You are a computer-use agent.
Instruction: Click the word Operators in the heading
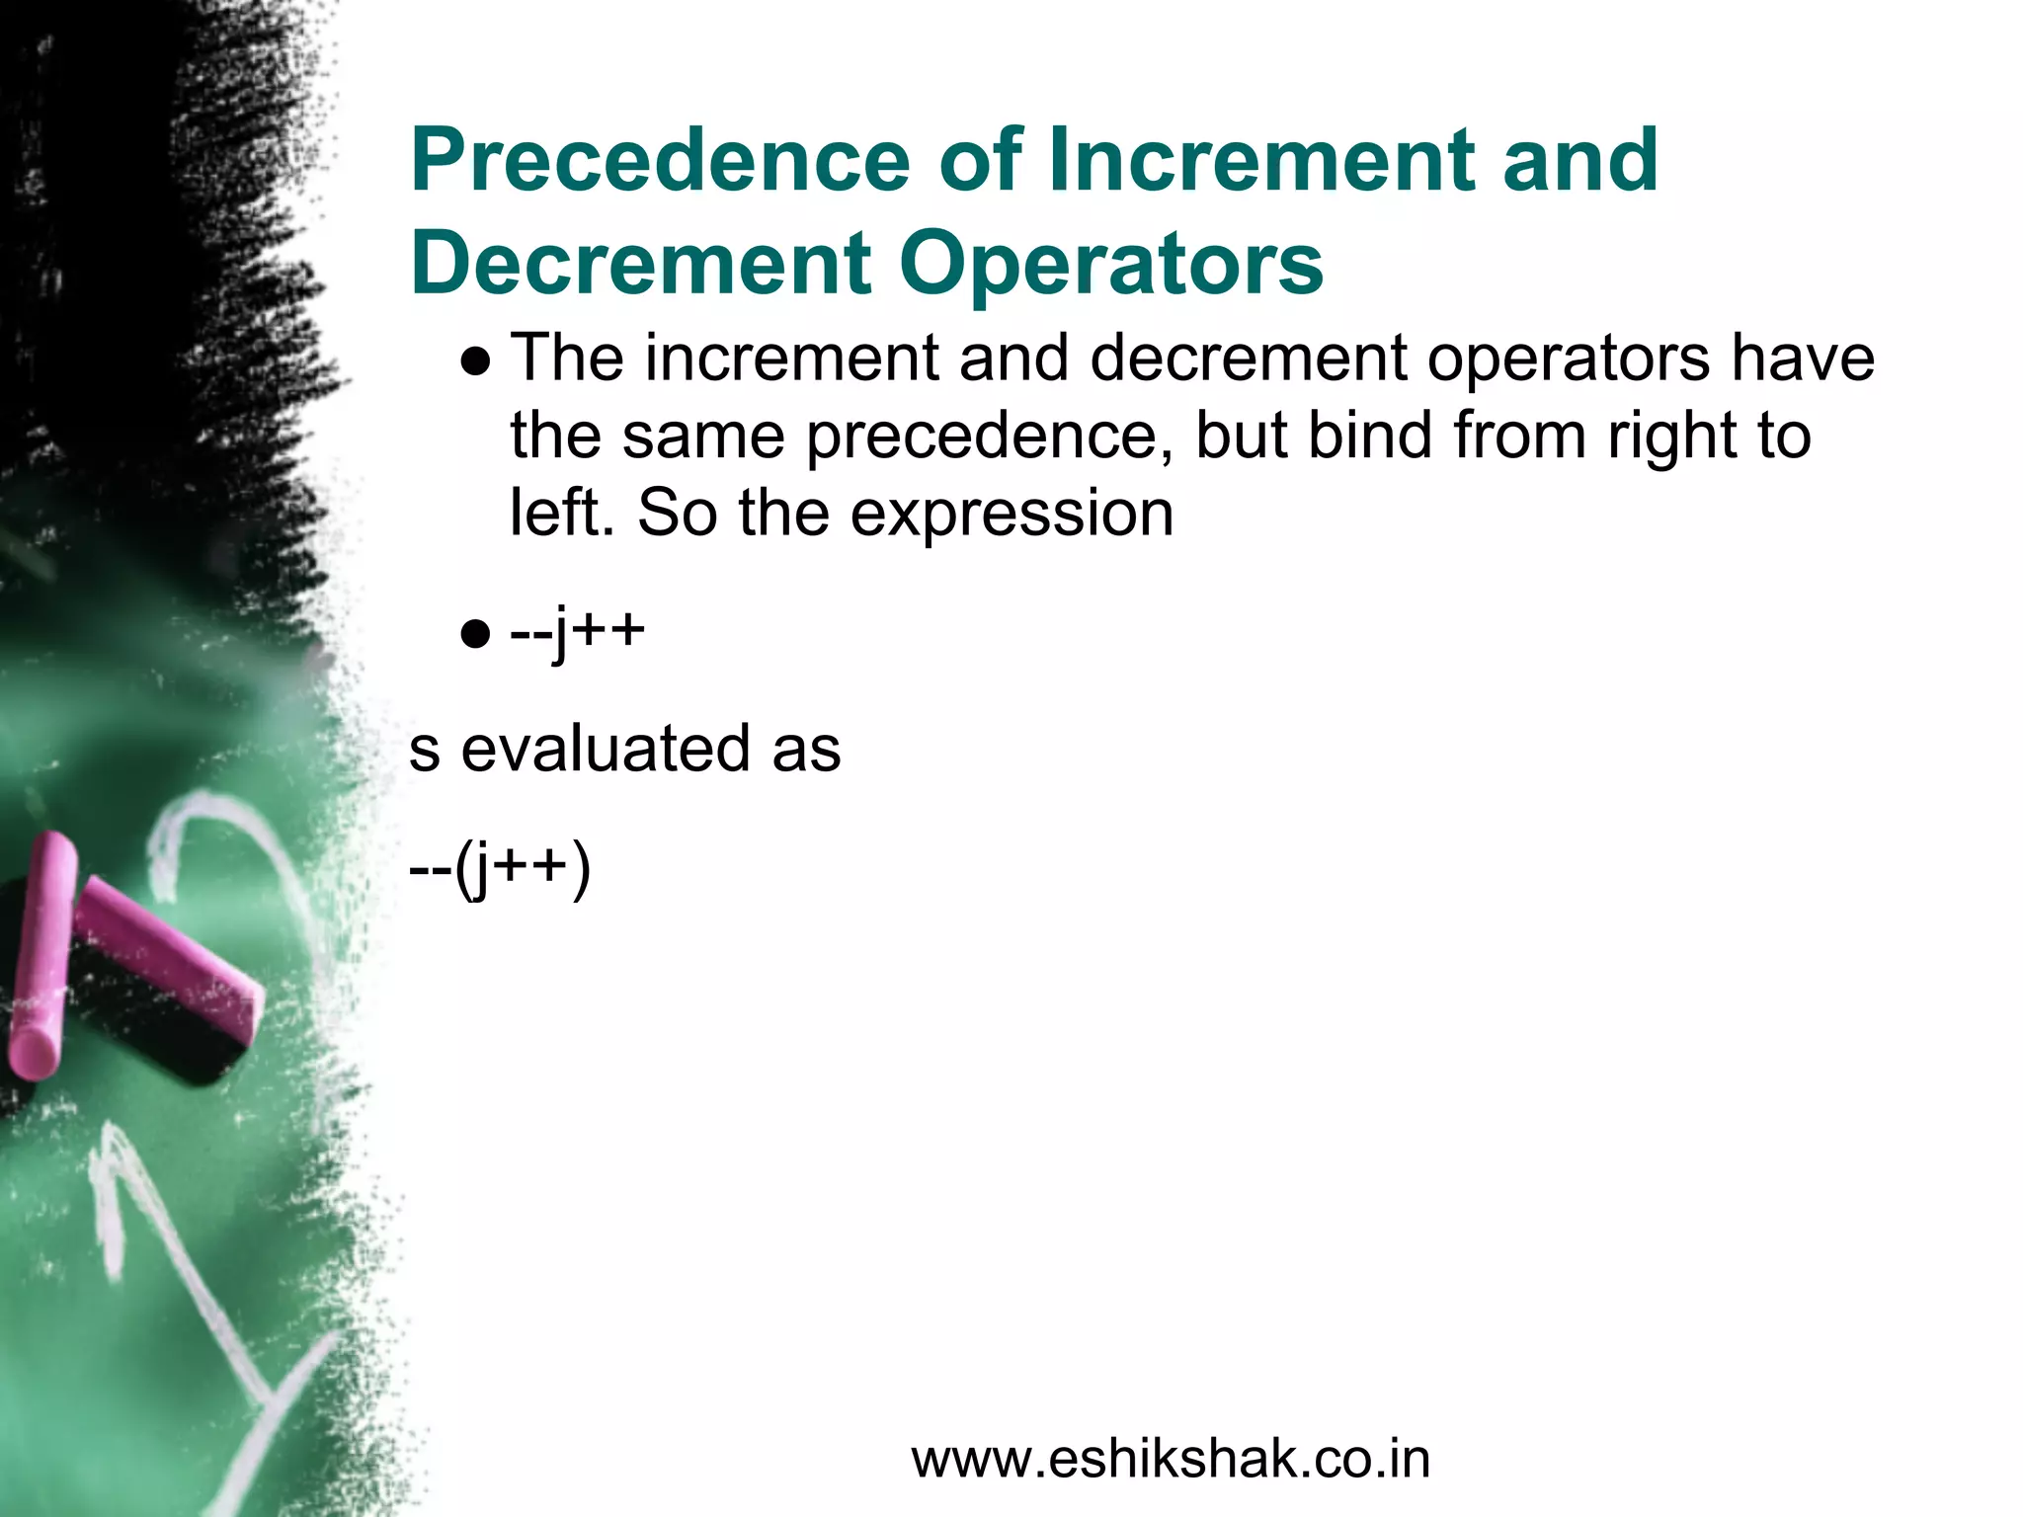[1111, 265]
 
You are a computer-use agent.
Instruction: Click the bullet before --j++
[476, 633]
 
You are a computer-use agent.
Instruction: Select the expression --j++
[578, 630]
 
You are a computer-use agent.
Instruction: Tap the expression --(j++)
[500, 869]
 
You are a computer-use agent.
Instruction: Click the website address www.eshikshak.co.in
[1171, 1460]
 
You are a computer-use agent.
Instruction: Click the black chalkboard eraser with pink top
[163, 983]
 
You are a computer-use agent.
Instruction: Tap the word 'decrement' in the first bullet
[1249, 358]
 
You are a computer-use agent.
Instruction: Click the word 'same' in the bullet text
[702, 437]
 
